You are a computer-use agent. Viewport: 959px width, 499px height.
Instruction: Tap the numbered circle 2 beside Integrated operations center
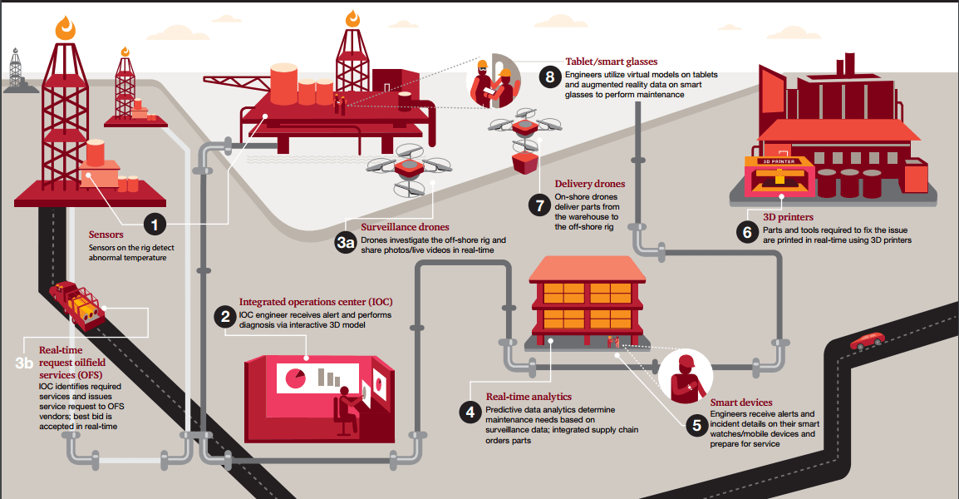(x=224, y=315)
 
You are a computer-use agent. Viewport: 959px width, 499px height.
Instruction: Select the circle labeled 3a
(x=346, y=242)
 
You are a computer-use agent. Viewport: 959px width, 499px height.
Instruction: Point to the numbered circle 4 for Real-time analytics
(x=470, y=411)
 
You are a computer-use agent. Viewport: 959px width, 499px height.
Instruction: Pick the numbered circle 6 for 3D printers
(x=747, y=232)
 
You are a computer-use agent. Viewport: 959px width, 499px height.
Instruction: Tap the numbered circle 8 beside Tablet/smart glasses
(x=549, y=77)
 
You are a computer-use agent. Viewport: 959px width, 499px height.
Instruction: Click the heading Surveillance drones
(x=405, y=227)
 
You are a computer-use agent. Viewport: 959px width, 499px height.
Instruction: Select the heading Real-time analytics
(x=529, y=397)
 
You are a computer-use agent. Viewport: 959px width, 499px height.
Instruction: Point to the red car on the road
(x=867, y=340)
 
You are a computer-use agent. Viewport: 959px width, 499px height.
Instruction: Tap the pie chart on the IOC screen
(x=295, y=378)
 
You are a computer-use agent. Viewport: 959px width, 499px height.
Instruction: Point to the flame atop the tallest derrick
(x=66, y=28)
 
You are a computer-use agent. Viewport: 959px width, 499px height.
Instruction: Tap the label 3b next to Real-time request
(x=25, y=363)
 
